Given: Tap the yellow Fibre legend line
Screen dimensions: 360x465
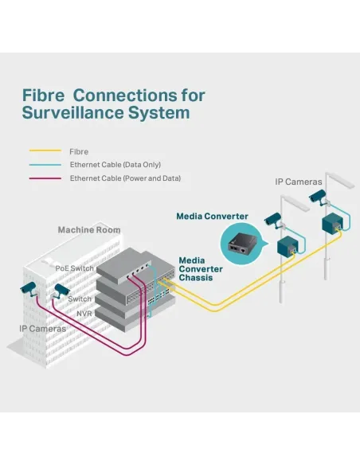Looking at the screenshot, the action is point(45,150).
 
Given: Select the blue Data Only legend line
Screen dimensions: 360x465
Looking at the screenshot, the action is point(45,165).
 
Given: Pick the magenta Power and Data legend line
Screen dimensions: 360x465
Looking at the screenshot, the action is point(45,178).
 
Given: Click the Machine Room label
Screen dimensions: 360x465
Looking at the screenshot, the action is point(89,230).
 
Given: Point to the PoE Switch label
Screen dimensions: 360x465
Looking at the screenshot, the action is point(74,268).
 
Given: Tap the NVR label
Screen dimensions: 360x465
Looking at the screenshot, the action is point(84,314).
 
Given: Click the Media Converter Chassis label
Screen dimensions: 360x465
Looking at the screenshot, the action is point(201,269).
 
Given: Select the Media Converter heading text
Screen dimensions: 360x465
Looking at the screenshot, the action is point(212,217).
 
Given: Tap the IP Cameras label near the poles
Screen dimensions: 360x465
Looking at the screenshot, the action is point(299,182).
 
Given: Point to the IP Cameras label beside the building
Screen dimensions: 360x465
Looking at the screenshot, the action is point(43,329).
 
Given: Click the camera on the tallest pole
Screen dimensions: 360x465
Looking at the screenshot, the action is point(319,197).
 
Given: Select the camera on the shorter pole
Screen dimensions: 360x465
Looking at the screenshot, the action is point(273,220).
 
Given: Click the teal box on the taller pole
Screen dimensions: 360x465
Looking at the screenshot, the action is point(332,222).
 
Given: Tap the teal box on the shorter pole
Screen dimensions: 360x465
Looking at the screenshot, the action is point(288,246).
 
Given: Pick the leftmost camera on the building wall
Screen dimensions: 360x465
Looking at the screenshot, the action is point(29,288).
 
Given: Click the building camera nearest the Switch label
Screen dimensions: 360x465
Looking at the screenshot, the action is point(61,291).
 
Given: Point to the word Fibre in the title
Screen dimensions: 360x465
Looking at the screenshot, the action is point(43,96).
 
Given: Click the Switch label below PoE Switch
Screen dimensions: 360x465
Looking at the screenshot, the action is point(80,299).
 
